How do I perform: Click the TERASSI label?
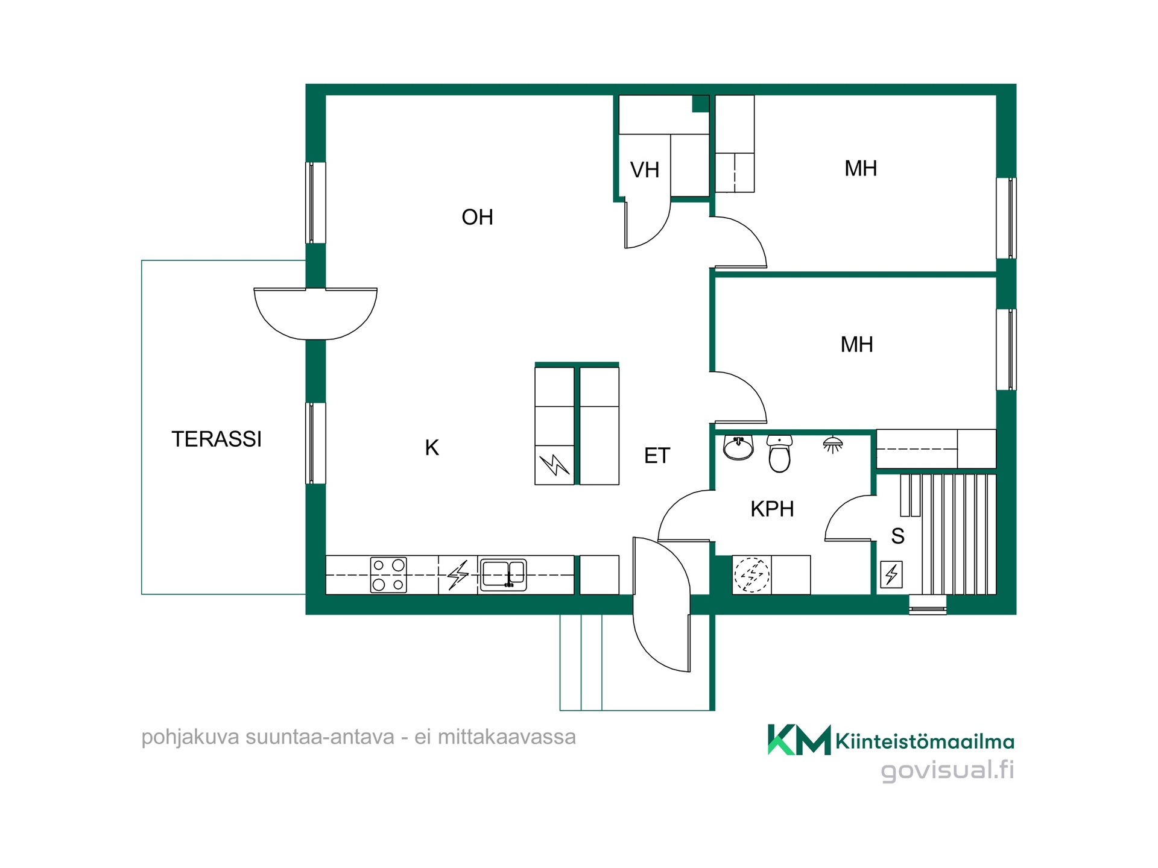(217, 439)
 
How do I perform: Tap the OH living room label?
(477, 217)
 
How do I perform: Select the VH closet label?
(645, 170)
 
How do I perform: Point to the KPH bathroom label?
(772, 509)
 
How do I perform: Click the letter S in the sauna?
(897, 535)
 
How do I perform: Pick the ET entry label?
(657, 456)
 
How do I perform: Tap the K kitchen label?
(432, 448)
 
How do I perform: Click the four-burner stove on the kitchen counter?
(388, 575)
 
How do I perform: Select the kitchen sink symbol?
(503, 574)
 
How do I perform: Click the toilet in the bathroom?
(780, 453)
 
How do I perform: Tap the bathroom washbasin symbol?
(738, 447)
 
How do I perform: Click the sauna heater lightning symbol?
(891, 574)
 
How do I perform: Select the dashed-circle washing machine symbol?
(751, 574)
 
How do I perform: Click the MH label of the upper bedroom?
(861, 168)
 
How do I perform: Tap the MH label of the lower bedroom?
(856, 345)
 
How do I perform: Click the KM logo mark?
(799, 740)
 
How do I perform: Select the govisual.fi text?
(948, 770)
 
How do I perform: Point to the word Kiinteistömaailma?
(925, 741)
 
